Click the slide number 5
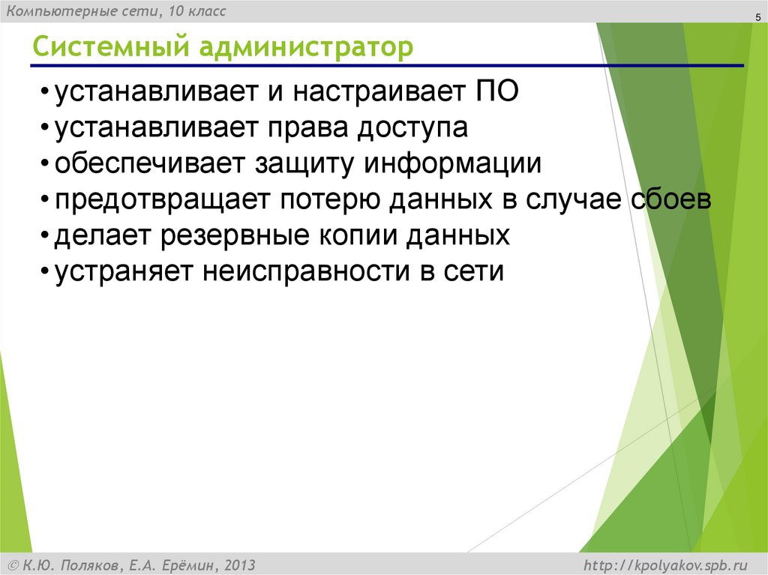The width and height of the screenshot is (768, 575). point(748,18)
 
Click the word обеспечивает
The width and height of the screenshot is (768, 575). point(151,164)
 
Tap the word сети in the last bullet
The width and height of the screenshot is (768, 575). point(473,271)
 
